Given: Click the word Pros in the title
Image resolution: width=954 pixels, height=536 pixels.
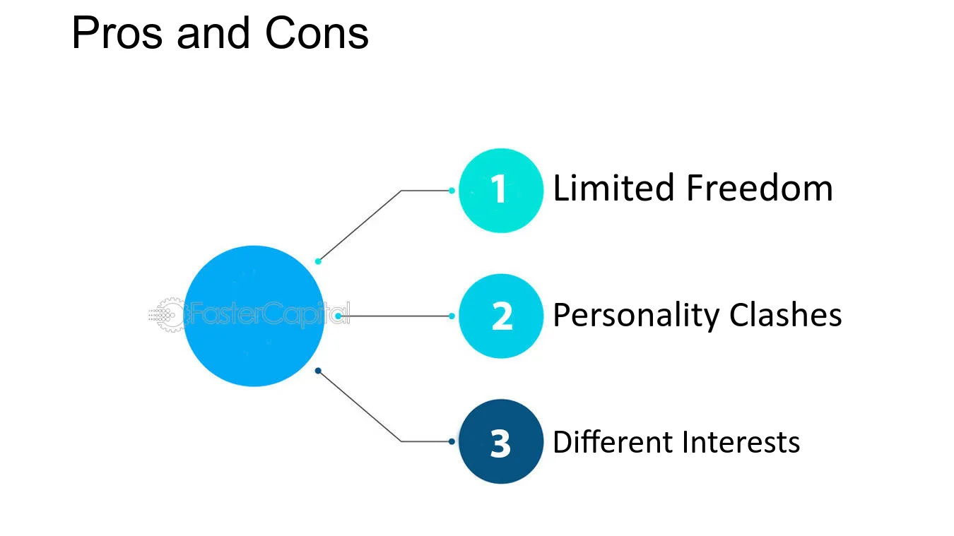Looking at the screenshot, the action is (117, 32).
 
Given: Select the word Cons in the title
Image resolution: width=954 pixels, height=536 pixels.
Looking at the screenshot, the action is (317, 32).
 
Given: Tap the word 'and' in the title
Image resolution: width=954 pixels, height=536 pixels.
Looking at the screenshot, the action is (213, 32).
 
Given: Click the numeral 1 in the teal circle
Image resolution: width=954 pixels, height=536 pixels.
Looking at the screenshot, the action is (499, 189).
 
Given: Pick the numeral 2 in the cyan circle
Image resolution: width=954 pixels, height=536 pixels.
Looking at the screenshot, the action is (502, 316).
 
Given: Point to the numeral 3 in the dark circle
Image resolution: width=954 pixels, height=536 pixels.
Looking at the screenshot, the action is (500, 443).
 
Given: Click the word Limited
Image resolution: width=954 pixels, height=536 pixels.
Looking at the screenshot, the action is (613, 188).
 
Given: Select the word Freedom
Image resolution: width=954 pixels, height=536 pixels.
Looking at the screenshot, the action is (760, 188).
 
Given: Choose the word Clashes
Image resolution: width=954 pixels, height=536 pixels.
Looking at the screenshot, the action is (785, 315).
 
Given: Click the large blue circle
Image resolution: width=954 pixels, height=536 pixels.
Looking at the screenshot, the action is (254, 316).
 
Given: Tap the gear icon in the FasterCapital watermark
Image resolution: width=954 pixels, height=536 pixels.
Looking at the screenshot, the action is (170, 315).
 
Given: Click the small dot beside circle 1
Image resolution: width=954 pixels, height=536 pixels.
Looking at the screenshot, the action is (452, 191).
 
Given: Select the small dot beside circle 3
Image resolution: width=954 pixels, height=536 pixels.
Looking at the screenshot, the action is (452, 441).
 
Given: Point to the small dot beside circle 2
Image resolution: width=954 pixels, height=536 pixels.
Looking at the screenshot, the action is (452, 316).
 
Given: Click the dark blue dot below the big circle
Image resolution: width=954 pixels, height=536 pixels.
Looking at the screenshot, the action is (318, 371).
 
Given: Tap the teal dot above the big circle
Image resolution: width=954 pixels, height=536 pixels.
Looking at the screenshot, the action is (318, 261).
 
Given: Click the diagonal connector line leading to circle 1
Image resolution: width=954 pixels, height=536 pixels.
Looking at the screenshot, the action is (360, 226).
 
